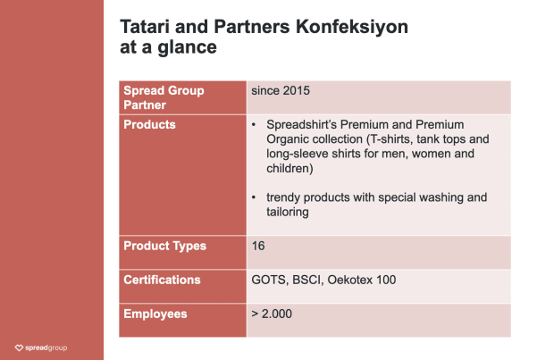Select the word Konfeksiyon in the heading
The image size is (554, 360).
coord(351,28)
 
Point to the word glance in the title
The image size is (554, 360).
coord(187,47)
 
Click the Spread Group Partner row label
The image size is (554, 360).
coord(164,98)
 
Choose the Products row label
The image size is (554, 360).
coord(149,125)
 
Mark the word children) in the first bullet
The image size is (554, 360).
coord(290,169)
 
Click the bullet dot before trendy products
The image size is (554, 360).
coord(254,197)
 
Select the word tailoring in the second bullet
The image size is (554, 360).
coord(288,212)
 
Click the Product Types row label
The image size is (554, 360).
coord(164,246)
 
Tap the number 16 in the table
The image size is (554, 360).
coord(258,246)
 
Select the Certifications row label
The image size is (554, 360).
coord(162,280)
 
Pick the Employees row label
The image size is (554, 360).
coord(155,314)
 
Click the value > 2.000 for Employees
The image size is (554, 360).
coord(272,314)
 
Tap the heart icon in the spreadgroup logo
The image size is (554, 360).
coord(19,348)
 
